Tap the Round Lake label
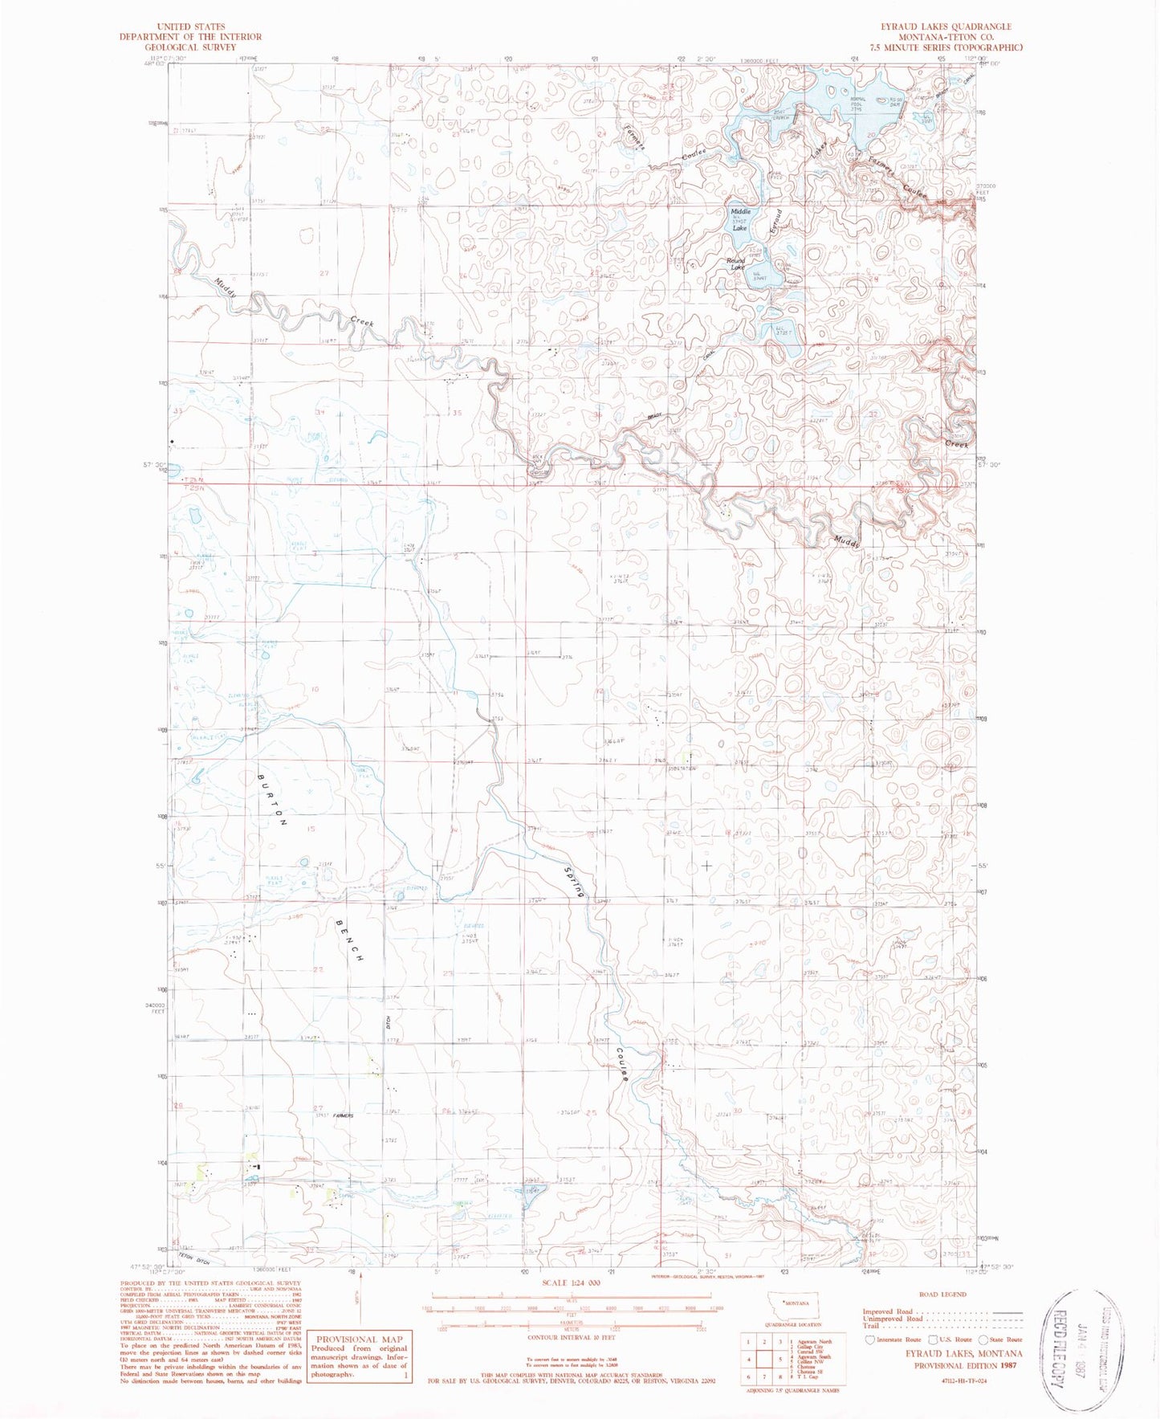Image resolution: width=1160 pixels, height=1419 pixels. tap(735, 264)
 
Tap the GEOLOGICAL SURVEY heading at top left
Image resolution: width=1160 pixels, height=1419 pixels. tap(190, 47)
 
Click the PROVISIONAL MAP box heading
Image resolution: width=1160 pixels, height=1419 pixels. tap(359, 1339)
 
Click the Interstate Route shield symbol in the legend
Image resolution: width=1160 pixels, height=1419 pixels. tap(870, 1339)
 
